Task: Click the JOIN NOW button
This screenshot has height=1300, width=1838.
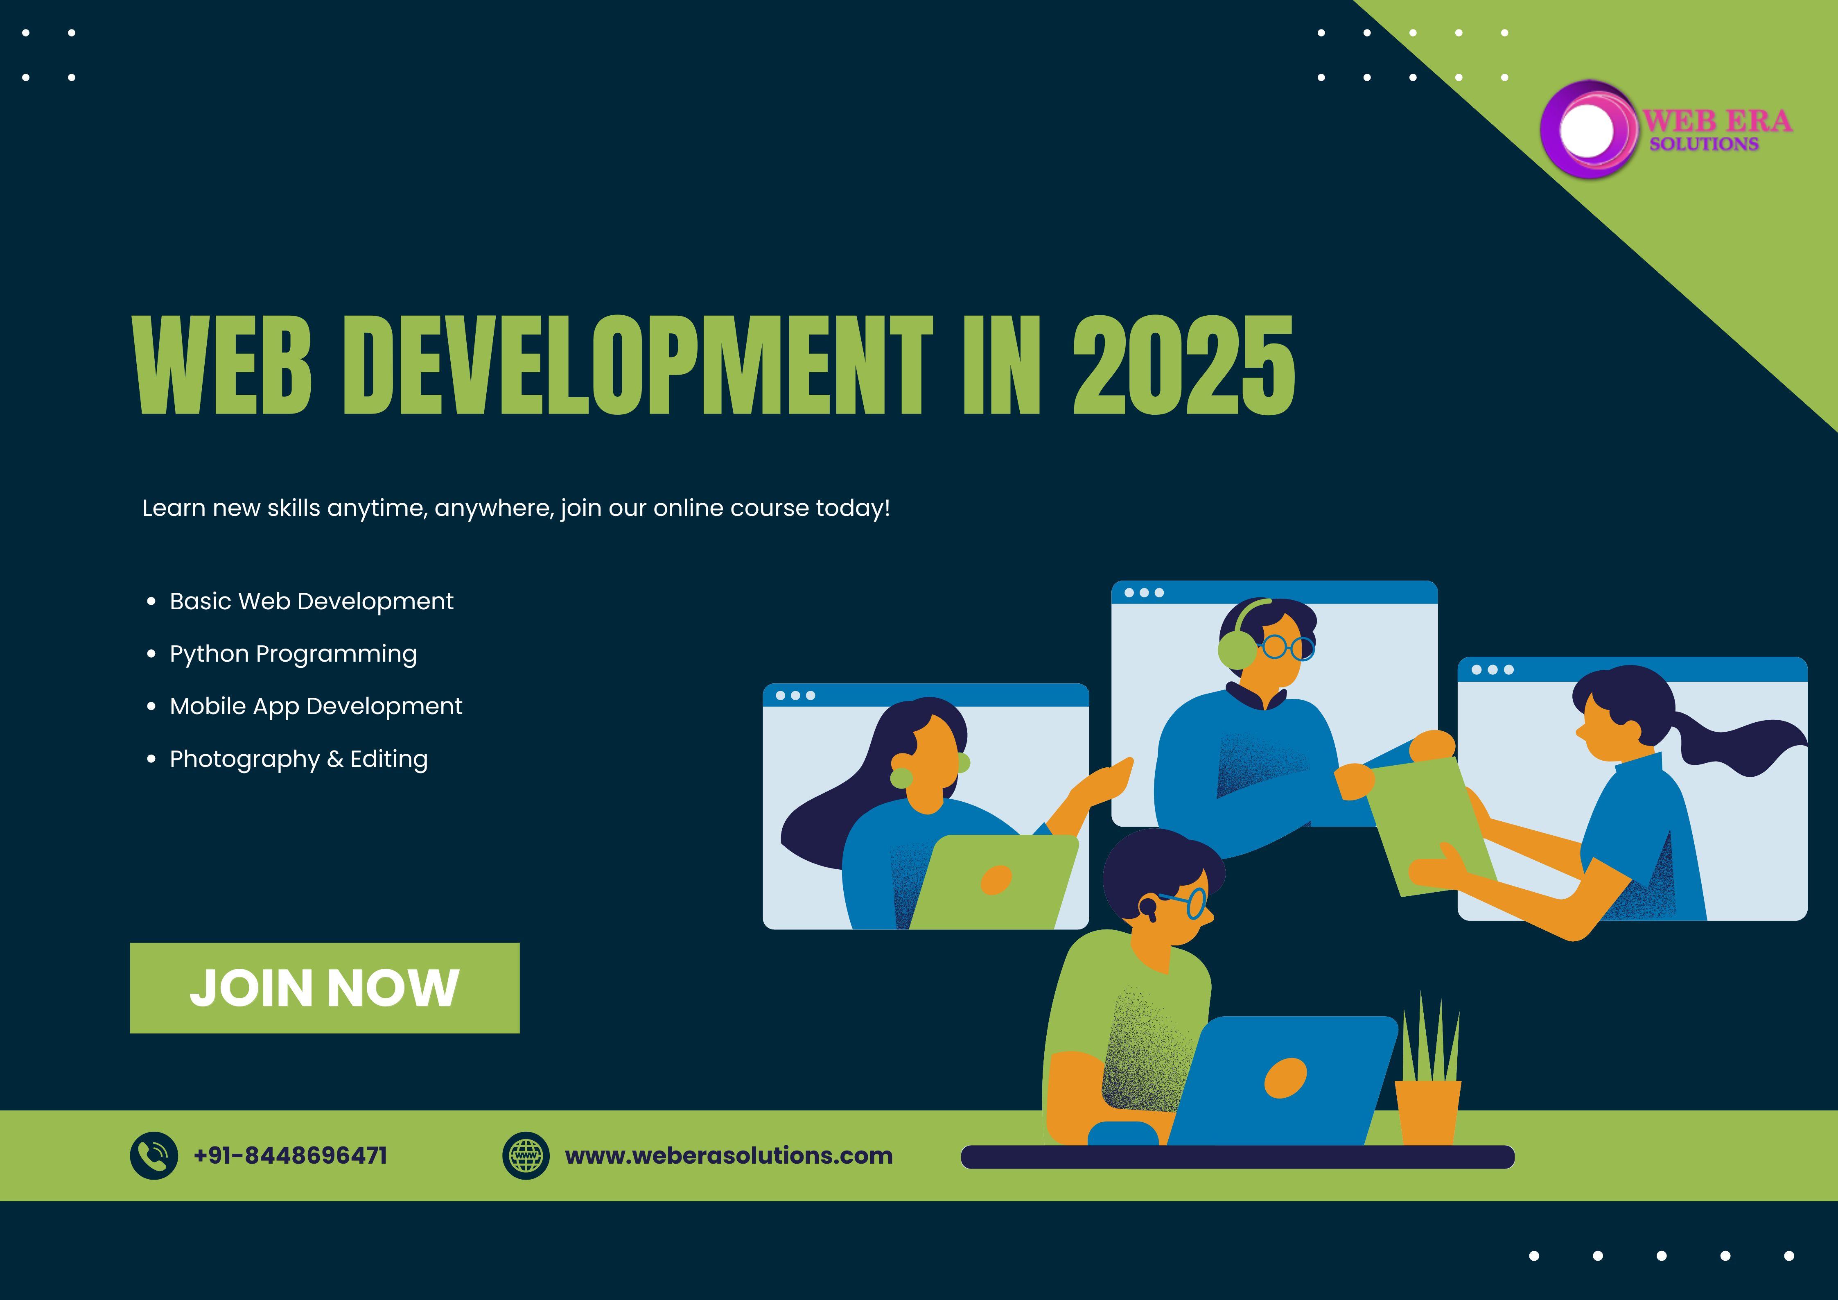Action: tap(324, 988)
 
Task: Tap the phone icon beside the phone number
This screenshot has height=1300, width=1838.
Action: tap(154, 1155)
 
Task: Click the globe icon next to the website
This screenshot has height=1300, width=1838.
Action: tap(526, 1155)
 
